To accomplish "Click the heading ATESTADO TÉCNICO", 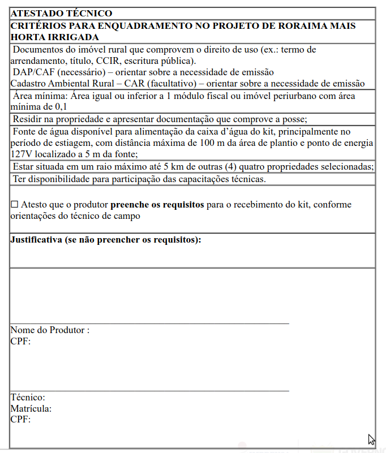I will [61, 13].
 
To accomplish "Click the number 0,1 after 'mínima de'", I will [61, 107].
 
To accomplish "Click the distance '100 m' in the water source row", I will [212, 143].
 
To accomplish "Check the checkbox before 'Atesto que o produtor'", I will [15, 204].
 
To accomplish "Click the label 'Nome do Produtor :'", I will [50, 330].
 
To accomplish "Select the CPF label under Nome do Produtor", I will [20, 341].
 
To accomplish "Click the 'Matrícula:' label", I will [31, 408].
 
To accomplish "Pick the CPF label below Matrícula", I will [20, 420].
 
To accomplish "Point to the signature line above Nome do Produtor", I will [149, 323].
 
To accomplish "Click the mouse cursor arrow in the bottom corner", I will [371, 439].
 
